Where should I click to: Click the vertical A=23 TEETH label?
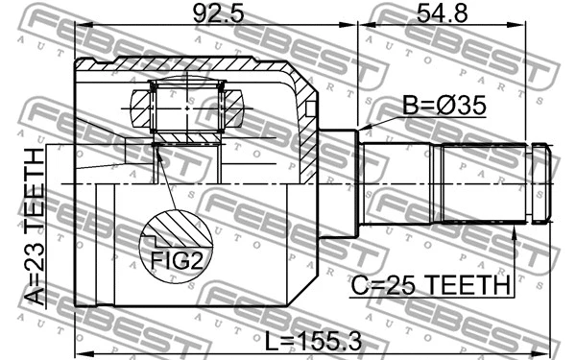34,227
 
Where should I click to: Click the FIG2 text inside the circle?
178,259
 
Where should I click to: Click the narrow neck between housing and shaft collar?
338,181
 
